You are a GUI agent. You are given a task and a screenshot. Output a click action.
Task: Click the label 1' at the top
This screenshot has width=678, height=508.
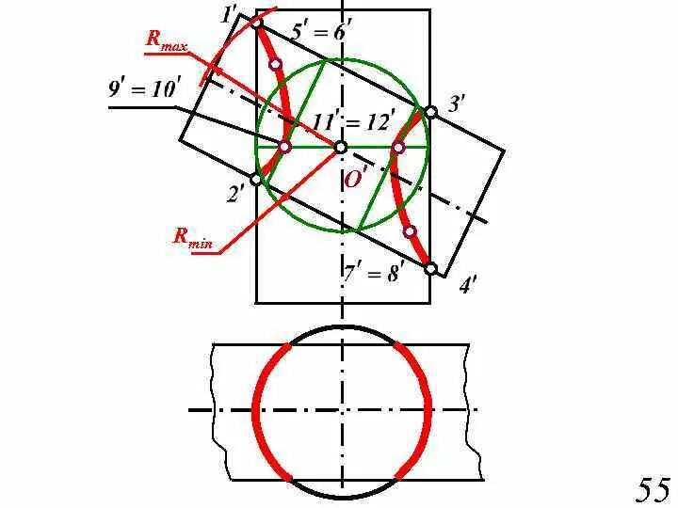point(229,14)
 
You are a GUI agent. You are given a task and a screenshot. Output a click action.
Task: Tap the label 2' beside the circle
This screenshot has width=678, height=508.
point(235,195)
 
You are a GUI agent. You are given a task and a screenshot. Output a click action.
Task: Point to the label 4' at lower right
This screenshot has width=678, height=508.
point(468,285)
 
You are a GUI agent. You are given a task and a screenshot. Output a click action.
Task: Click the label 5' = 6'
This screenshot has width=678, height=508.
point(321,31)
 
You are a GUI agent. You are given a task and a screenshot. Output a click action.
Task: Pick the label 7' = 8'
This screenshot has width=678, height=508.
point(373,274)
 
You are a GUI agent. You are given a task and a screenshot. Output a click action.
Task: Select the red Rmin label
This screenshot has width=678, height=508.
point(193,236)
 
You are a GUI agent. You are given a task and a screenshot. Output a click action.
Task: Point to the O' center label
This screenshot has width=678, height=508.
point(356,178)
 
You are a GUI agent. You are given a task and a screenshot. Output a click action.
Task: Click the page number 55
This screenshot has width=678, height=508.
point(653,489)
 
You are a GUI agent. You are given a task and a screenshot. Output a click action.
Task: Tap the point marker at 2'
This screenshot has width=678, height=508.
point(255,179)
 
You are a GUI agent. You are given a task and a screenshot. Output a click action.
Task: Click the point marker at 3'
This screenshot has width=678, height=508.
point(430,112)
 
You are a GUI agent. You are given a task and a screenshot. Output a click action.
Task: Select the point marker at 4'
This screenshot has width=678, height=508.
point(430,269)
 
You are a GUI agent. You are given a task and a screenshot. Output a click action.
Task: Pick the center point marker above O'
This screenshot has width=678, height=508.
point(341,148)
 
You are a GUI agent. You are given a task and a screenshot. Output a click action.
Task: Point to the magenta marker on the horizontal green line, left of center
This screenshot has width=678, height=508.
point(285,147)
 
